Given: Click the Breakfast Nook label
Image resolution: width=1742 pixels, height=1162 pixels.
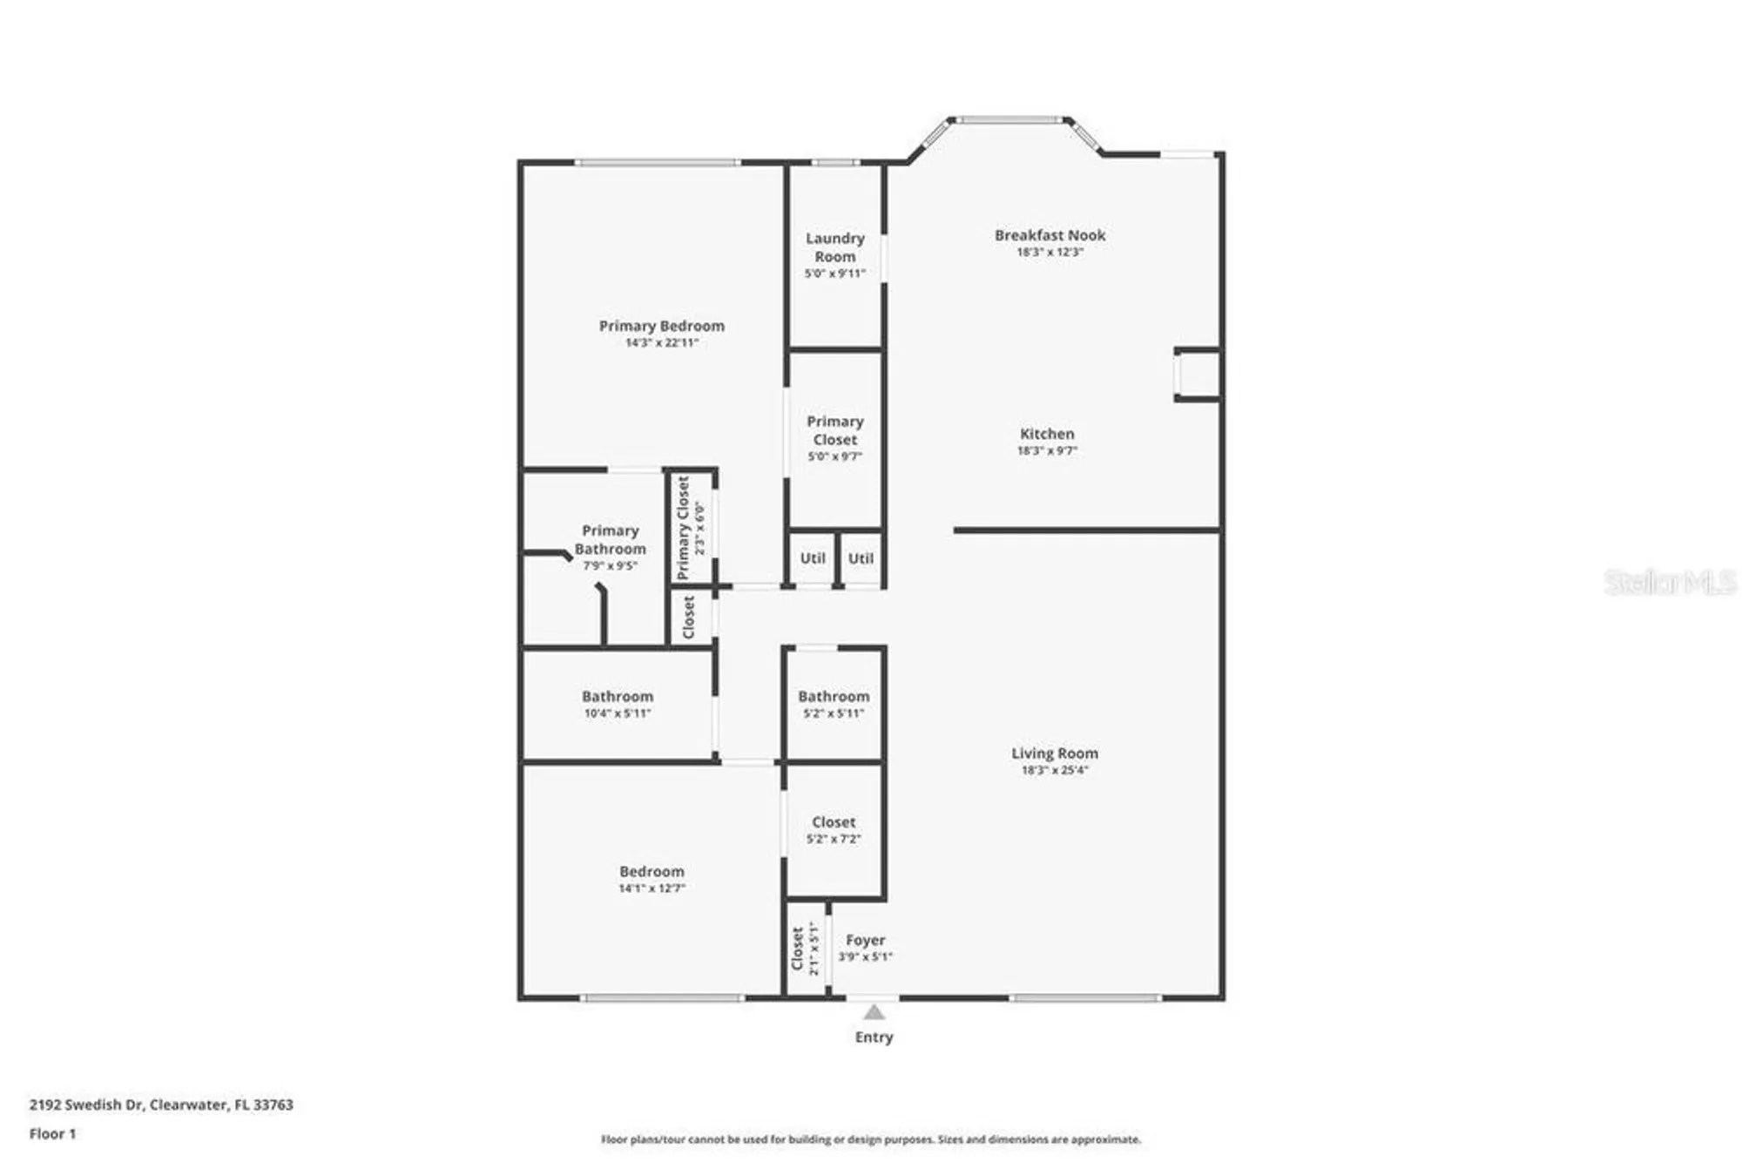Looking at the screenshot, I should pyautogui.click(x=1050, y=235).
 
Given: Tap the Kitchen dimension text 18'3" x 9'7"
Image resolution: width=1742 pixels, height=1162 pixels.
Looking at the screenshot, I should pyautogui.click(x=1047, y=450).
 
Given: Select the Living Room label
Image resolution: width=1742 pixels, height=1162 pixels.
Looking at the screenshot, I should pyautogui.click(x=1054, y=753).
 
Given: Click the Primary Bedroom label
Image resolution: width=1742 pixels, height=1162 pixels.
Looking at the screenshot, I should pyautogui.click(x=661, y=326).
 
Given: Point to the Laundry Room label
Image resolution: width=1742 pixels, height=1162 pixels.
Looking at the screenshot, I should pyautogui.click(x=834, y=247).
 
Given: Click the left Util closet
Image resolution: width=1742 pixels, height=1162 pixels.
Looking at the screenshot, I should pyautogui.click(x=812, y=558).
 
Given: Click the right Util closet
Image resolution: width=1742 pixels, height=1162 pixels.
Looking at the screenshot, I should pyautogui.click(x=861, y=558).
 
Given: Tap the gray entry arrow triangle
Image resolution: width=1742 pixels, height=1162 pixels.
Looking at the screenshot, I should pyautogui.click(x=874, y=1012).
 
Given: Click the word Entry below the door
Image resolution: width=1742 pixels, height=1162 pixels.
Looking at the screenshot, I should pyautogui.click(x=874, y=1037).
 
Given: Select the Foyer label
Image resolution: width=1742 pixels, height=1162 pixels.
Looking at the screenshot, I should pyautogui.click(x=865, y=940).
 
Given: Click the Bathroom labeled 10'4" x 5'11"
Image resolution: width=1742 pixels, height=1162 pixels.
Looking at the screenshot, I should pyautogui.click(x=617, y=703).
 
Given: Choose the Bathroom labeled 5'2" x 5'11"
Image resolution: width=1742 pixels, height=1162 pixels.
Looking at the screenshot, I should pyautogui.click(x=834, y=703).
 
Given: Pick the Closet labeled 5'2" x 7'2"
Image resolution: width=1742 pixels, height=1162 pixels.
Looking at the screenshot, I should pyautogui.click(x=834, y=828).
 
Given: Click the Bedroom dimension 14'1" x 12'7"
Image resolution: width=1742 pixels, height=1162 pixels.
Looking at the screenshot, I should pyautogui.click(x=652, y=888).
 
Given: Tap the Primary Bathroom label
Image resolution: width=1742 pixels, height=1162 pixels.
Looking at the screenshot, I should pyautogui.click(x=610, y=539).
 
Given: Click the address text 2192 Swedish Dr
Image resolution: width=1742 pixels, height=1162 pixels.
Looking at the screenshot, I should pyautogui.click(x=85, y=1105).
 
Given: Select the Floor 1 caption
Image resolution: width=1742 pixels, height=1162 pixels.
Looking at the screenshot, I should pyautogui.click(x=52, y=1133).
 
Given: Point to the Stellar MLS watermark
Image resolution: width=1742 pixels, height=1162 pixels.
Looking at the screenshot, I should pyautogui.click(x=1669, y=583).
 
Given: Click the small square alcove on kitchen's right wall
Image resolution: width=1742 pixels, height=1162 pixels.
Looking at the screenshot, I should pyautogui.click(x=1198, y=375).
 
